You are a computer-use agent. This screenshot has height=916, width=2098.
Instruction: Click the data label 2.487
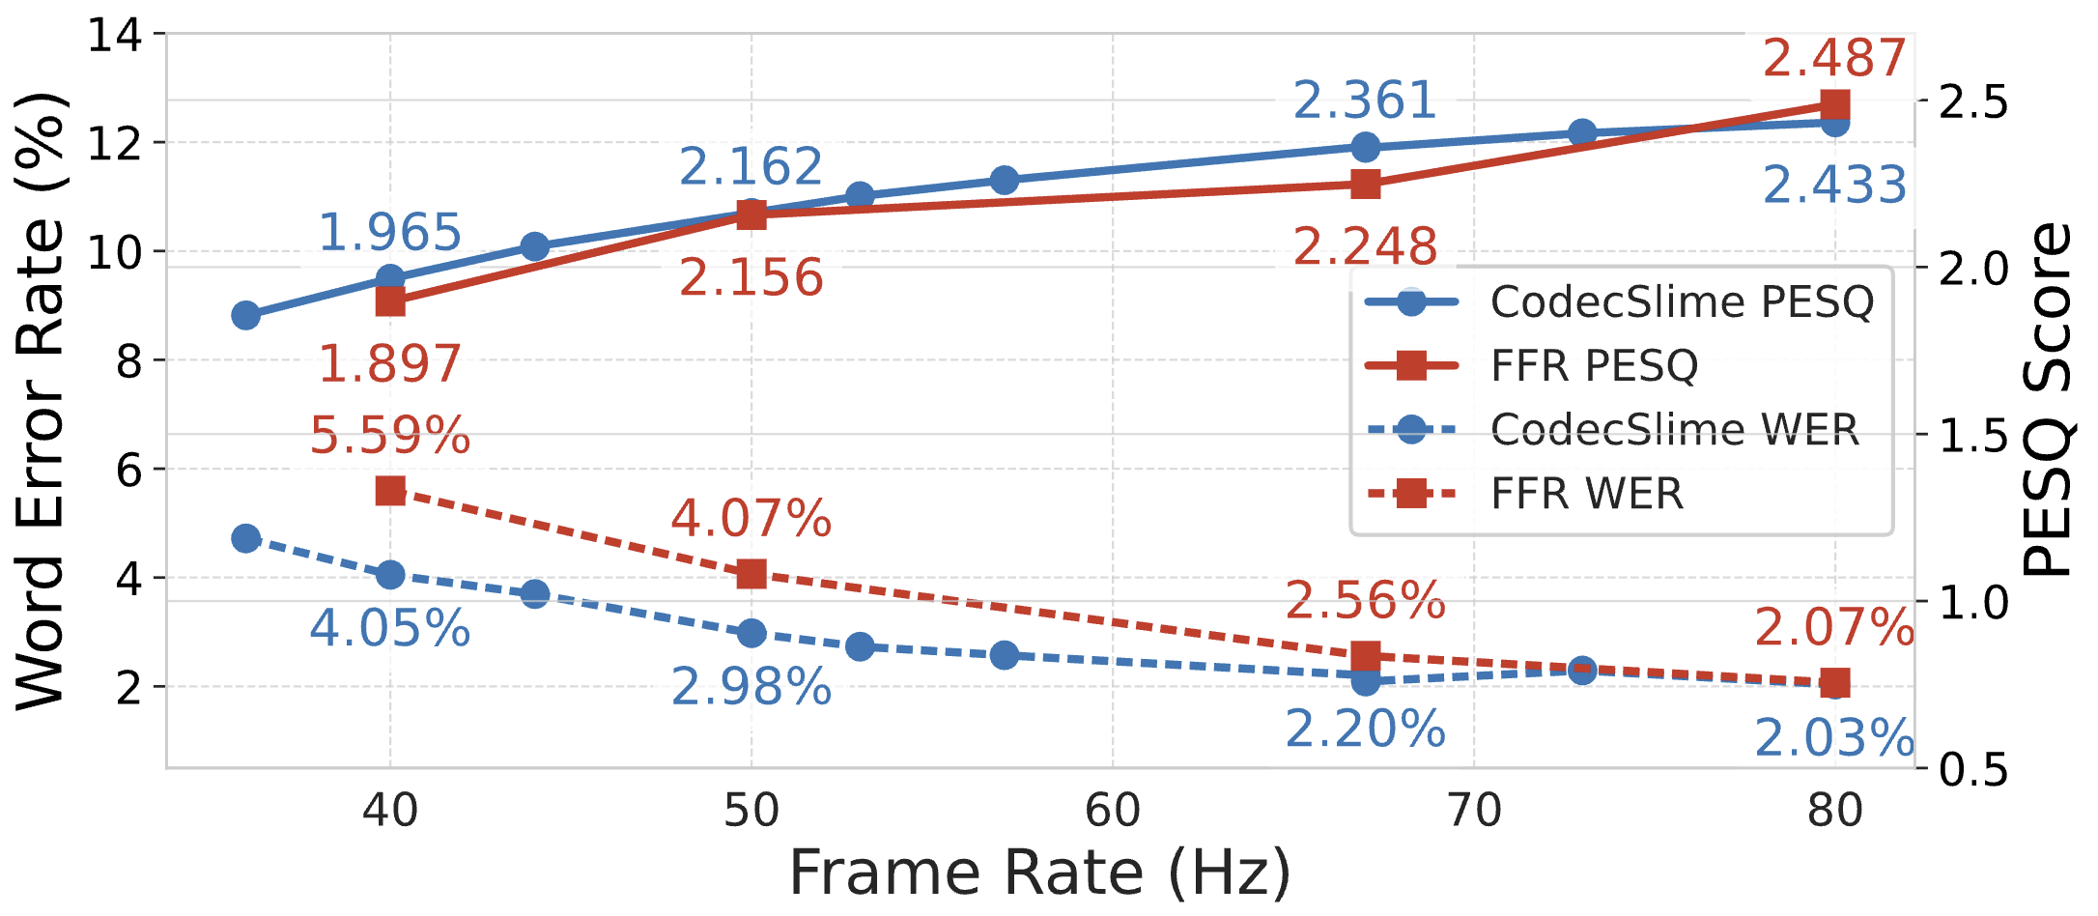(1833, 58)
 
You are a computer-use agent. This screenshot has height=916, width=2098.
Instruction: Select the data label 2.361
(1365, 100)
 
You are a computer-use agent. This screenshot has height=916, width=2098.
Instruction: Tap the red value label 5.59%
(390, 436)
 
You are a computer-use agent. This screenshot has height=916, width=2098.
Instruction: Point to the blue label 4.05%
(390, 628)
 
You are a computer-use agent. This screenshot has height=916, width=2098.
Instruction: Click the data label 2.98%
(751, 687)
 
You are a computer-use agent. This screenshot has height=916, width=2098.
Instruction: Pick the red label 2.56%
(1365, 601)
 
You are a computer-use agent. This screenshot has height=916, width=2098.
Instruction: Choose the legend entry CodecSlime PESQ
(1682, 301)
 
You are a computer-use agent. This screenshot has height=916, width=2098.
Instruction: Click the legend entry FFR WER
(1587, 494)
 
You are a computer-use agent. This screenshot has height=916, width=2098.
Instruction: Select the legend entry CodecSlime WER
(1674, 430)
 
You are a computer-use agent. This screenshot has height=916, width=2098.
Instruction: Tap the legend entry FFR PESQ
(1594, 365)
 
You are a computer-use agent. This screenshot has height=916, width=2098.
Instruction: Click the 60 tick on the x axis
(1113, 811)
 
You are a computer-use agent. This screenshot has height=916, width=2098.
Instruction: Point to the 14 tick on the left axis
(114, 36)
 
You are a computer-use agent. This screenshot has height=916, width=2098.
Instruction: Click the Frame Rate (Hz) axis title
(1039, 873)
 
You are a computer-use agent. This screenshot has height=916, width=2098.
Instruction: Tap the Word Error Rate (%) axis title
(41, 400)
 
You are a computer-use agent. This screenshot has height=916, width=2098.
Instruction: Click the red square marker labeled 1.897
(390, 301)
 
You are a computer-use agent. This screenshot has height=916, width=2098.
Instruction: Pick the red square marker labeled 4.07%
(751, 575)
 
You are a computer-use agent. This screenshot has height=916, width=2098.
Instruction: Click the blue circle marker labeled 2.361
(1365, 148)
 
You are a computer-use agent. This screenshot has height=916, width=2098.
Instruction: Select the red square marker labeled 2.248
(1365, 185)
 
